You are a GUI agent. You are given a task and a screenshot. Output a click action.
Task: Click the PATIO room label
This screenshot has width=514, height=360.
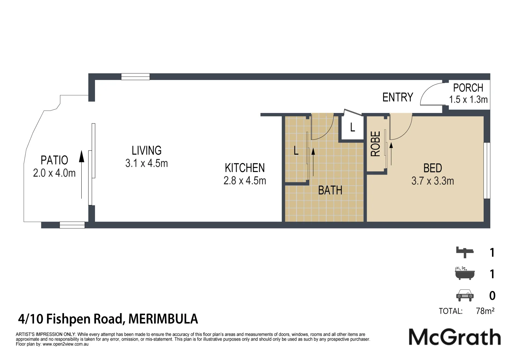pyautogui.click(x=54, y=160)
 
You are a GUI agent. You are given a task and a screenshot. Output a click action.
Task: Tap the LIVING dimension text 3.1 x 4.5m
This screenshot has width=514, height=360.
pyautogui.click(x=146, y=163)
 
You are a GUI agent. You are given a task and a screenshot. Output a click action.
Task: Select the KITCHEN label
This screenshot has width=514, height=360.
pyautogui.click(x=245, y=168)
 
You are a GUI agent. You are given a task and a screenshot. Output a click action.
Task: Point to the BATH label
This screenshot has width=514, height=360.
pyautogui.click(x=330, y=190)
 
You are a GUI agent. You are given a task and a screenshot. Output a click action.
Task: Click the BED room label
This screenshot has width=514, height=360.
pyautogui.click(x=432, y=168)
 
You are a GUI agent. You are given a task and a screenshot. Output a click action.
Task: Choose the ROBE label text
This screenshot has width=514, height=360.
pyautogui.click(x=375, y=144)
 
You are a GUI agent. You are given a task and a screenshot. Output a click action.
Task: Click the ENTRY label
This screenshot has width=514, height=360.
pyautogui.click(x=397, y=97)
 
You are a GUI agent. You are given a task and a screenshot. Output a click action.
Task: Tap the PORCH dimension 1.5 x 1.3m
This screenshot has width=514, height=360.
pyautogui.click(x=468, y=99)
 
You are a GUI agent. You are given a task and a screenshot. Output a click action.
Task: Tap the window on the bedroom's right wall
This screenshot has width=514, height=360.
pyautogui.click(x=487, y=170)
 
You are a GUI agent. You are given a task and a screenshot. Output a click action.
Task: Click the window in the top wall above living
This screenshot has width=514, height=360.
pyautogui.click(x=135, y=77)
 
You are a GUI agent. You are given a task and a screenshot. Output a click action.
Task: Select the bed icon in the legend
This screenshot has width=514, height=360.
pyautogui.click(x=465, y=252)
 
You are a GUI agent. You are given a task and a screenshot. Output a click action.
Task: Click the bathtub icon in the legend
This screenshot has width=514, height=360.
pyautogui.click(x=465, y=273)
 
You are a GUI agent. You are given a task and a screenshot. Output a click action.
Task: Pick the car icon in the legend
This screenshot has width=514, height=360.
pyautogui.click(x=465, y=295)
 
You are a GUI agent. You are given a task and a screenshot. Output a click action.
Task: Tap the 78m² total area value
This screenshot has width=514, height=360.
pyautogui.click(x=485, y=311)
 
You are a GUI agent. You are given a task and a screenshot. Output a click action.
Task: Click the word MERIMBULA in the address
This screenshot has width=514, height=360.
pyautogui.click(x=163, y=319)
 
